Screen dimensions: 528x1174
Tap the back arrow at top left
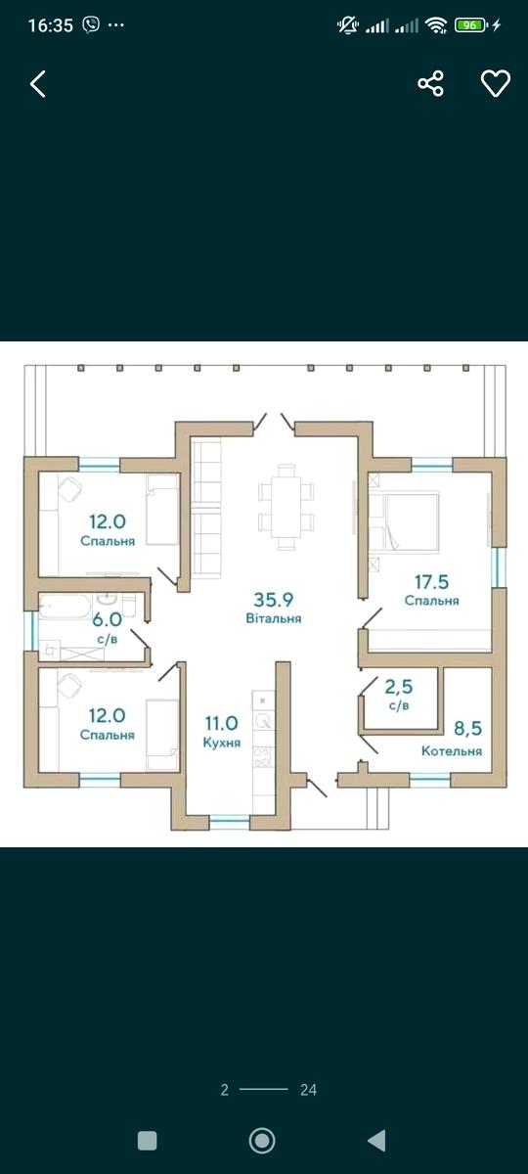[38, 84]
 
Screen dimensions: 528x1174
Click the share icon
[430, 83]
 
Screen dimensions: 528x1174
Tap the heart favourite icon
[496, 83]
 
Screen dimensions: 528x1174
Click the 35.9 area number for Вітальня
[274, 600]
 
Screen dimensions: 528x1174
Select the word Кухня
[222, 743]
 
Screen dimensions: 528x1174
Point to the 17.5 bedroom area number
[431, 582]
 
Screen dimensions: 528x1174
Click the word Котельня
[452, 751]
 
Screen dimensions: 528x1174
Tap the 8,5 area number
[467, 729]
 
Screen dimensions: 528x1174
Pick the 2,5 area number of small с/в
[399, 687]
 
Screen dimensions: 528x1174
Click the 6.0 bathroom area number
[107, 619]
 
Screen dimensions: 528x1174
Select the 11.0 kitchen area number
[221, 723]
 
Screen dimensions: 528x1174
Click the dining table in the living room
[286, 507]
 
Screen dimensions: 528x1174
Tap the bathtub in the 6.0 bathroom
[66, 607]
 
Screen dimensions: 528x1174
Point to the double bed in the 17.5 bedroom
[404, 522]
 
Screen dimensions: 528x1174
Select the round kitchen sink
[262, 722]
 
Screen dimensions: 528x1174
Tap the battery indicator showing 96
[470, 24]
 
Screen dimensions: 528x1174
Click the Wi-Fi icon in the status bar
[436, 24]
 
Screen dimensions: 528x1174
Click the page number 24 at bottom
[309, 1090]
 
